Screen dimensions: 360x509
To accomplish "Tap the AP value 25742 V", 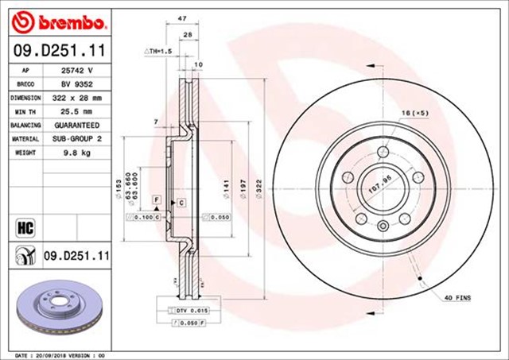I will tap(77, 69).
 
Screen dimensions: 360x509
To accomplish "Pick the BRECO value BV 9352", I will tap(76, 83).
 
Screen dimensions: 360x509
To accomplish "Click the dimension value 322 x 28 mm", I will tap(77, 96).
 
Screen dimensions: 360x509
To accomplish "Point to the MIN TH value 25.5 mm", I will tap(76, 110).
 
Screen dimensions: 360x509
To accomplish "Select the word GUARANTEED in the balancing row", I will tap(77, 125).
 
